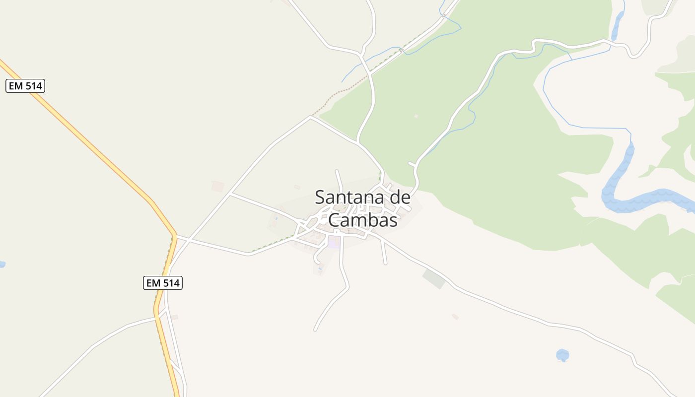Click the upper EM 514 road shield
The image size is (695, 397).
pyautogui.click(x=25, y=86)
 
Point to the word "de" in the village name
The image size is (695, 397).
pyautogui.click(x=399, y=198)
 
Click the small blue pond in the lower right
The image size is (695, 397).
pyautogui.click(x=562, y=355)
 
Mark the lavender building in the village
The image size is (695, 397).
pyautogui.click(x=334, y=243)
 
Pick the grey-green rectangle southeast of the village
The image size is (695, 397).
pyautogui.click(x=434, y=279)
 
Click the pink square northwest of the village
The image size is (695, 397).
pyautogui.click(x=217, y=186)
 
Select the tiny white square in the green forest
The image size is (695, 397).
pyautogui.click(x=416, y=116)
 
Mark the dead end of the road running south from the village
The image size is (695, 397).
pyautogui.click(x=315, y=329)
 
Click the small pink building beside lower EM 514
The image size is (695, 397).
pyautogui.click(x=174, y=317)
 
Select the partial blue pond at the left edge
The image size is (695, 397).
pyautogui.click(x=2, y=264)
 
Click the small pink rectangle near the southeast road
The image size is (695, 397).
pyautogui.click(x=455, y=317)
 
